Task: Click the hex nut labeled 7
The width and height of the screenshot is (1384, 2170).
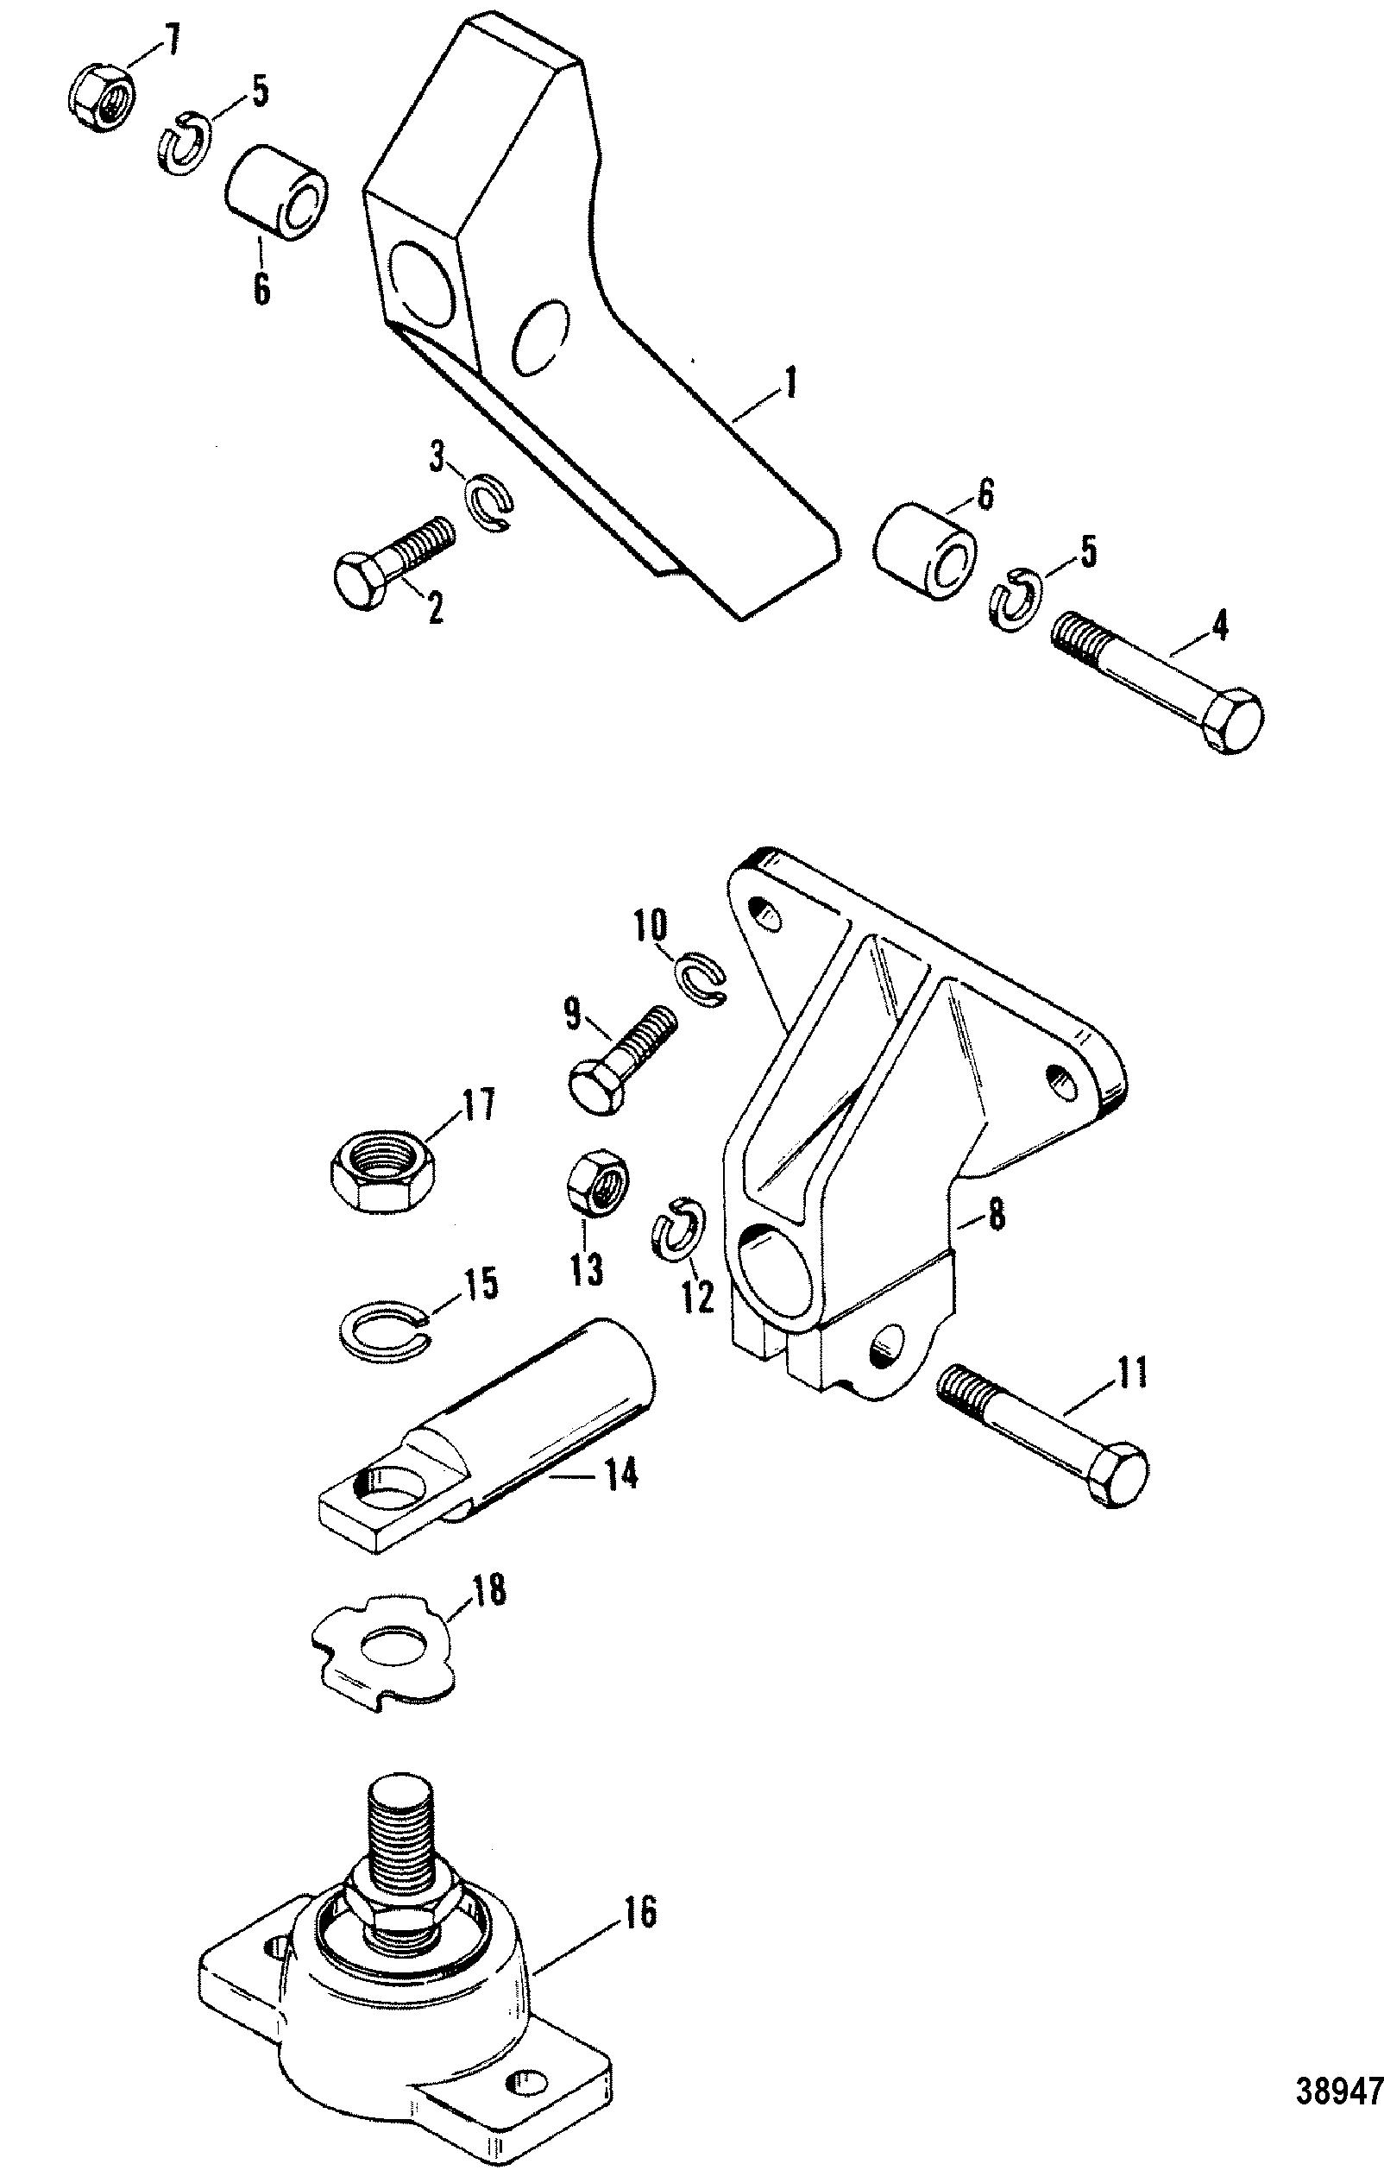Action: click(101, 97)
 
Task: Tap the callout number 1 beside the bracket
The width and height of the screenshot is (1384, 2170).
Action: click(790, 384)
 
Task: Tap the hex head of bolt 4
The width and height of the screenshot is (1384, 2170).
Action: click(1233, 721)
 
